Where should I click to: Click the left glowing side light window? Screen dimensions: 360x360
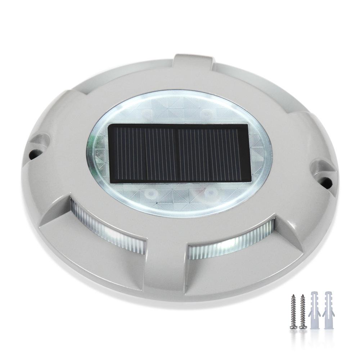(x=108, y=225)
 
